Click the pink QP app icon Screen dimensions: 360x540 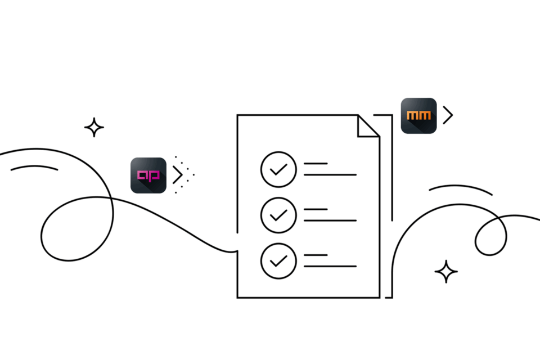[148, 175]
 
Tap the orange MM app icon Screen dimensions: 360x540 [418, 116]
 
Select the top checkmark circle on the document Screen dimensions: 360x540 [278, 169]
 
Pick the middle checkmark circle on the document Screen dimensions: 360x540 [278, 214]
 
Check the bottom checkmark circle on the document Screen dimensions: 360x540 [278, 260]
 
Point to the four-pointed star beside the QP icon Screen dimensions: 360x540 [94, 128]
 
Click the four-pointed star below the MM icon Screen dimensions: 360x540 [447, 272]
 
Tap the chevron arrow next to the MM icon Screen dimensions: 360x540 [448, 115]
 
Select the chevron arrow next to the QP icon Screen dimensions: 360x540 [178, 175]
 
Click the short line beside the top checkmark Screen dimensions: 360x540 [316, 164]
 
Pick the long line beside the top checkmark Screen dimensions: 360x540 [330, 175]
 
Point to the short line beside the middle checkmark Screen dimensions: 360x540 [316, 209]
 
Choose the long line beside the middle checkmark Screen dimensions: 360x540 [330, 220]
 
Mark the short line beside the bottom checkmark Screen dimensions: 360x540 [316, 255]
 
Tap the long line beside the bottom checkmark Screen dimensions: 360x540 [330, 266]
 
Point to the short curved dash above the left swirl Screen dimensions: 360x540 [34, 166]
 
